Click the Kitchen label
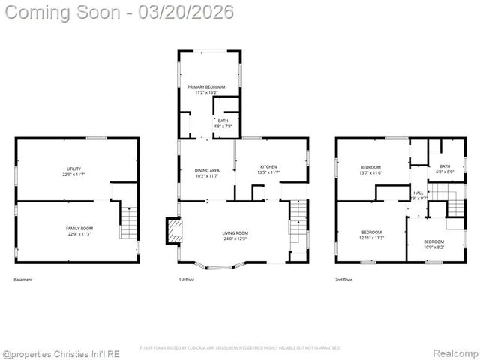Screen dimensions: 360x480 click(x=268, y=166)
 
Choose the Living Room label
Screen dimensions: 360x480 click(x=235, y=233)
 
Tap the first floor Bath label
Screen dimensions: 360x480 click(x=223, y=121)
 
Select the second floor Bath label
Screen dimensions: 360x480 click(x=445, y=166)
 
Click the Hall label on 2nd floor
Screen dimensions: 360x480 click(x=418, y=193)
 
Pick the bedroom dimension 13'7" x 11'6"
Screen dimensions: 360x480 click(x=370, y=173)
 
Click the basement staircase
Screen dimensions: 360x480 click(x=128, y=223)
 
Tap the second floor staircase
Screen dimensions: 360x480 click(x=435, y=202)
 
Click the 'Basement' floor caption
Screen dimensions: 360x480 click(x=23, y=280)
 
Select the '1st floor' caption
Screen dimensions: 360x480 click(x=186, y=280)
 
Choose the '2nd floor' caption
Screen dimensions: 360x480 click(x=344, y=280)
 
